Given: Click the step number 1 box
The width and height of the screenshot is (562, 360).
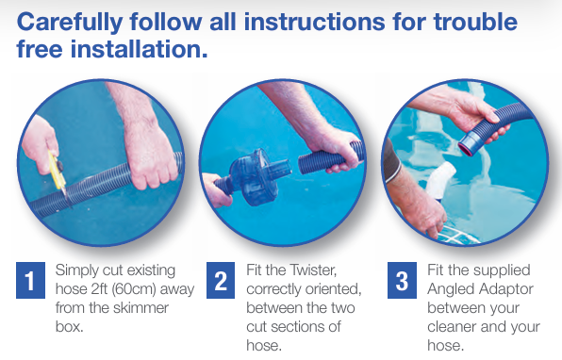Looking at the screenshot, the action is point(30,280).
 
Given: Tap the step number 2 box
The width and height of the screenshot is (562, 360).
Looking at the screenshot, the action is point(221,280).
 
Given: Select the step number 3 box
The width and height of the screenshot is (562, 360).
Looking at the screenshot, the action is point(402,280).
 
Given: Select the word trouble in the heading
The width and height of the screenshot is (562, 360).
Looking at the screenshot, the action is point(475,22).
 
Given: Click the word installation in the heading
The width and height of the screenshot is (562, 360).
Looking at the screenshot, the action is point(139,49).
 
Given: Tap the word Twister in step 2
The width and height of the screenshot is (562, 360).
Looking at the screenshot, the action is point(313,270).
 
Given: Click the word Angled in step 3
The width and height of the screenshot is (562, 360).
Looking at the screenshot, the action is point(450,289).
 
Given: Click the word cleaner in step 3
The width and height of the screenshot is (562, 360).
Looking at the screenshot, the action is point(452,327).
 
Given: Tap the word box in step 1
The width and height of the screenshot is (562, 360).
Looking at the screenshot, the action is point(69,327).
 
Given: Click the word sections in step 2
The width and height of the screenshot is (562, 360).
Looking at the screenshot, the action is point(300,327).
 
